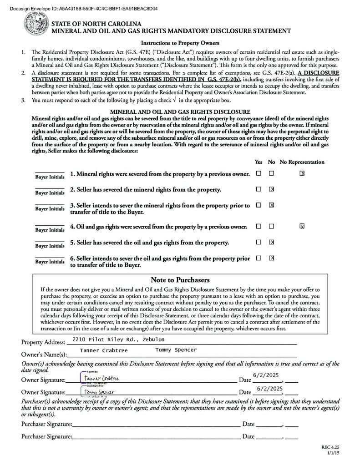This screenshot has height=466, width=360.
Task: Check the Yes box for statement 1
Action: [x=259, y=173]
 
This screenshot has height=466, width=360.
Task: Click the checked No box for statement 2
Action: [x=271, y=189]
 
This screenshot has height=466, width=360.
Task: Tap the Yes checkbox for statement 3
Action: [x=259, y=205]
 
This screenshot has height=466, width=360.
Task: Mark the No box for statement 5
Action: [x=271, y=242]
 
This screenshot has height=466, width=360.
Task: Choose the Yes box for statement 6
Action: [x=259, y=258]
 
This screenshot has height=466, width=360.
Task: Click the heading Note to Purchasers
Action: [x=180, y=280]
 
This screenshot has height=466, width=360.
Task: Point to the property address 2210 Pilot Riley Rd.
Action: [x=115, y=339]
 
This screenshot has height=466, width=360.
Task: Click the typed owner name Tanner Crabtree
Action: [x=104, y=350]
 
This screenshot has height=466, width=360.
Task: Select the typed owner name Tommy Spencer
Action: [x=176, y=350]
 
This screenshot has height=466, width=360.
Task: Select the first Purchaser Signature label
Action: [x=46, y=424]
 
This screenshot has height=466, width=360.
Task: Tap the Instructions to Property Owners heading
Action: [x=180, y=43]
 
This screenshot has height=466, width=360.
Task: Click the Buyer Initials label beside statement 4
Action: [x=50, y=230]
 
